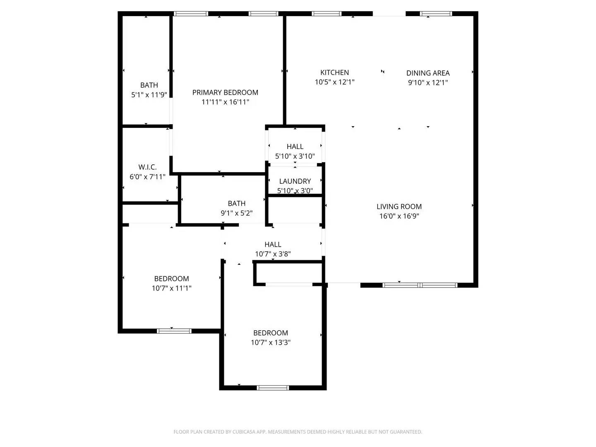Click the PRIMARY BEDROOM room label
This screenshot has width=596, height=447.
(225, 92)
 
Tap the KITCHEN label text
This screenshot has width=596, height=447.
(334, 72)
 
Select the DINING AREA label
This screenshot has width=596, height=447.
(428, 73)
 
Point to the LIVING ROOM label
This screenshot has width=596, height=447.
(399, 207)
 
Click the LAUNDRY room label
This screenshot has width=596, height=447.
(295, 181)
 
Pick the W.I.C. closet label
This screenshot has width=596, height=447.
(147, 167)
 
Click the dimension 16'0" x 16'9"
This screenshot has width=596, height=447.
(399, 216)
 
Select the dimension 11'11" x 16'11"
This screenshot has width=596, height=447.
(225, 102)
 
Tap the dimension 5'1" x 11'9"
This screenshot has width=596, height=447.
(149, 95)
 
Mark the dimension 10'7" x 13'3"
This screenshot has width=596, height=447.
(271, 343)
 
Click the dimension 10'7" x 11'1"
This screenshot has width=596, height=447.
(171, 288)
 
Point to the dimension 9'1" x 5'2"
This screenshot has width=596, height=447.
(236, 213)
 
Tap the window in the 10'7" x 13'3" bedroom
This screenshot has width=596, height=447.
(273, 388)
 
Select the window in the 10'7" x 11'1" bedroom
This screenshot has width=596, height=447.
(174, 331)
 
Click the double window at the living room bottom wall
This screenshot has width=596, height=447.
(420, 285)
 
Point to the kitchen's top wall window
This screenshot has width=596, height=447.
(327, 14)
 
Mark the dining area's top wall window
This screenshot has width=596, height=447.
(436, 14)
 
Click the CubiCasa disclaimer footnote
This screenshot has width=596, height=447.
(298, 432)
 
